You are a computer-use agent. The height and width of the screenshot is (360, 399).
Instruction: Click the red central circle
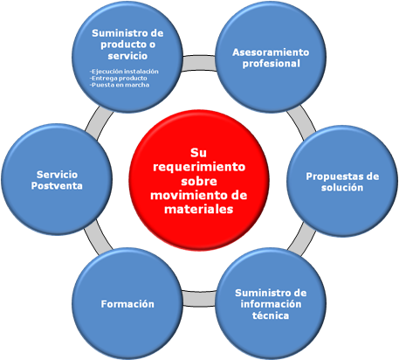[x=199, y=180]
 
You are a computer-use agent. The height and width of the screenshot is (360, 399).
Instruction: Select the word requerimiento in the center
[x=199, y=167]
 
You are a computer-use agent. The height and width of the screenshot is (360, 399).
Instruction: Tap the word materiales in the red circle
[x=199, y=209]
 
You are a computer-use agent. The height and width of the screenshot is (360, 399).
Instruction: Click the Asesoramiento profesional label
[x=271, y=58]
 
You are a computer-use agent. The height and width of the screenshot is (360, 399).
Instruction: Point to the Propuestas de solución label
[x=342, y=182]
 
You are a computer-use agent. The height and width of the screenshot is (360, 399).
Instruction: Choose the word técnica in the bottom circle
[x=271, y=315]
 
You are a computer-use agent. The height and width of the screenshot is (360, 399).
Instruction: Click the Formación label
[x=127, y=304]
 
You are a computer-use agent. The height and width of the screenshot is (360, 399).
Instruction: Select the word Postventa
[x=57, y=186]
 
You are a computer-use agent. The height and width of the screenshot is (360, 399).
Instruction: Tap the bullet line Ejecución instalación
[x=124, y=72]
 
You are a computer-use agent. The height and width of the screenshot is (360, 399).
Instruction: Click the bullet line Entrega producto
[x=119, y=78]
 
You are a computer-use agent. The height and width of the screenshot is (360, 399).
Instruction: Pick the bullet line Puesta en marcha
[x=120, y=85]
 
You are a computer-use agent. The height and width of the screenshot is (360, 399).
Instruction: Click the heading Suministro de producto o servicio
[x=127, y=45]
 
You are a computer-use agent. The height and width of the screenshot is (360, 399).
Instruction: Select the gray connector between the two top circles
[x=199, y=63]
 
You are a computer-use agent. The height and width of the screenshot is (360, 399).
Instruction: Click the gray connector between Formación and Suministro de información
[x=199, y=298]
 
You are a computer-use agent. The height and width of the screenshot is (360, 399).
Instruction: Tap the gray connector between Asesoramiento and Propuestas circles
[x=301, y=122]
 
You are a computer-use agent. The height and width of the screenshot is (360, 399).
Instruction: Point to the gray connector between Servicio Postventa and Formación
[x=98, y=238]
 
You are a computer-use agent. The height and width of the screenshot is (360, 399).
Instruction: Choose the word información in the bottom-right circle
[x=271, y=304]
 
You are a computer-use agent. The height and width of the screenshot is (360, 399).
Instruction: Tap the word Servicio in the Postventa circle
[x=57, y=175]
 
